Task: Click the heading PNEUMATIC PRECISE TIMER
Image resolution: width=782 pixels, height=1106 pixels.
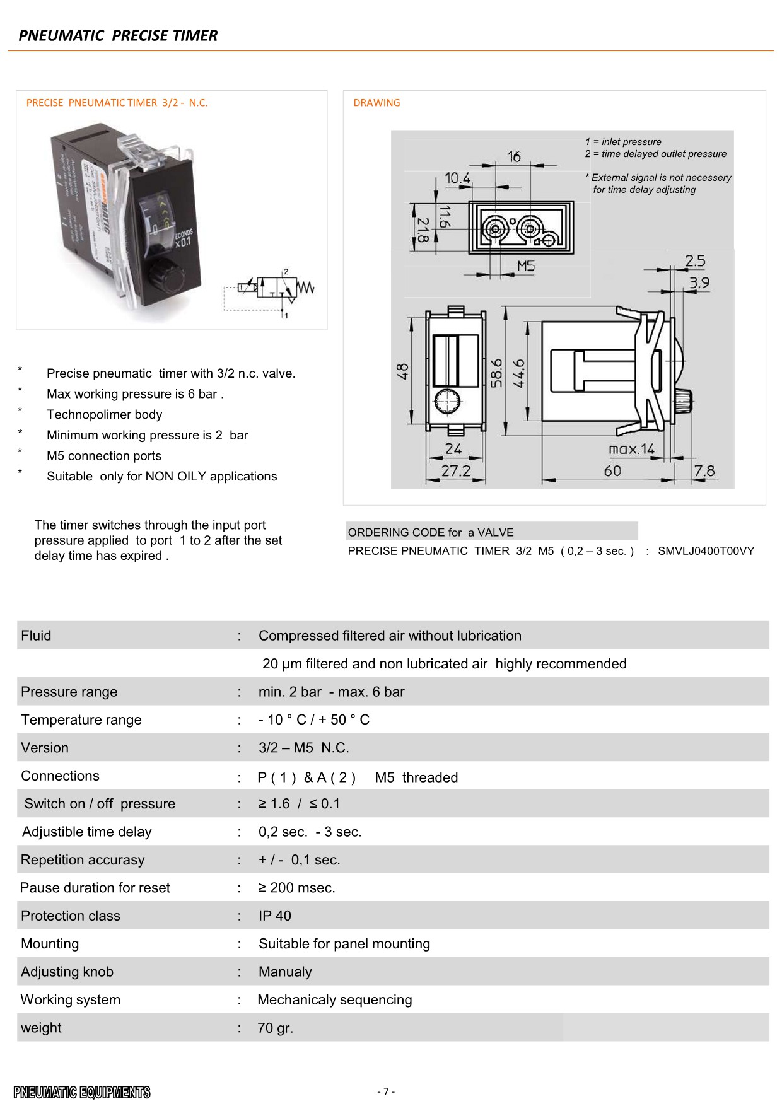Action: [118, 35]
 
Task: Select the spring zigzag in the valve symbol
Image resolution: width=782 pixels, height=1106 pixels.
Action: [305, 289]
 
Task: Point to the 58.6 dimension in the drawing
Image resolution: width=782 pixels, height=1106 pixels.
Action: [497, 373]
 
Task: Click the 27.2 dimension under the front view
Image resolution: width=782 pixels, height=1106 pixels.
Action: [455, 471]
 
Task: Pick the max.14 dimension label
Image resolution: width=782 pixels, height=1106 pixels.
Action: [631, 449]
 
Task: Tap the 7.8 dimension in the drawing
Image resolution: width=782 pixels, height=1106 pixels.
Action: [704, 471]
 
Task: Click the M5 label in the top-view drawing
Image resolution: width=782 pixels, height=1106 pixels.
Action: [525, 267]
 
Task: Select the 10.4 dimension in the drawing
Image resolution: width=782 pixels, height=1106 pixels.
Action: [457, 178]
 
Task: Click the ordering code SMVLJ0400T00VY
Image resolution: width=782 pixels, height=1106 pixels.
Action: [706, 550]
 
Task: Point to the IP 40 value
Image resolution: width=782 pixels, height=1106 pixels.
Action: [275, 916]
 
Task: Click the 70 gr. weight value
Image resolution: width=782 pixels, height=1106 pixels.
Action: [275, 1028]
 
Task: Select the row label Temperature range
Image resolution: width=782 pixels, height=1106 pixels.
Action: [81, 719]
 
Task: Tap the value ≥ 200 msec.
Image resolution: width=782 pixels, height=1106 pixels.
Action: [296, 888]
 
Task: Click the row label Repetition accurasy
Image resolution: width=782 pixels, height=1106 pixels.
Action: [83, 859]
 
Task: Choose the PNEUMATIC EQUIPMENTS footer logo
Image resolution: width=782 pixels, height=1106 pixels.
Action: [82, 1092]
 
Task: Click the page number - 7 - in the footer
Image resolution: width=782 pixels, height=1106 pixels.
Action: [386, 1091]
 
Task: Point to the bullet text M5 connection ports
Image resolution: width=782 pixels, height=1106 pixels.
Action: [104, 456]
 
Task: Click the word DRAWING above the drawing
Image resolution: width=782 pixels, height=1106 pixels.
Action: [376, 103]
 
